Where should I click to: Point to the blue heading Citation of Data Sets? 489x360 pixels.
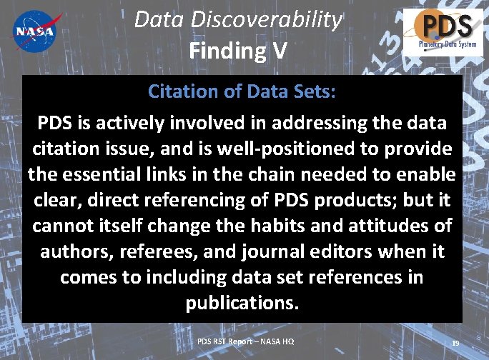(x=242, y=91)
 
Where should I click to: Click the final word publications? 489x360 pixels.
(x=242, y=303)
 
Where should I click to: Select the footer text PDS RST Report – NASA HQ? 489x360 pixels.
(x=245, y=341)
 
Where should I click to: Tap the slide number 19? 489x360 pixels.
(x=455, y=344)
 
